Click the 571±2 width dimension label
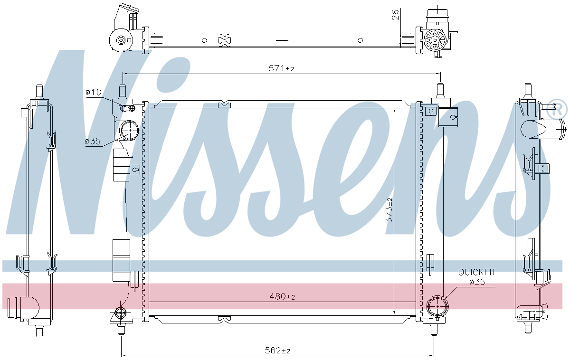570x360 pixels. (x=281, y=68)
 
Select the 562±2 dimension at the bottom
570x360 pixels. (x=277, y=351)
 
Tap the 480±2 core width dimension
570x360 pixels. (x=282, y=296)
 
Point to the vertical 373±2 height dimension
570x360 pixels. (x=389, y=210)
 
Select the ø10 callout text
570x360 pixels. (x=94, y=92)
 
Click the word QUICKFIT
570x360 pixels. (x=477, y=272)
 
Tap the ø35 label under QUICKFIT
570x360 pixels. (x=477, y=282)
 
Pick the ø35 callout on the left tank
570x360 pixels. (x=93, y=141)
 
